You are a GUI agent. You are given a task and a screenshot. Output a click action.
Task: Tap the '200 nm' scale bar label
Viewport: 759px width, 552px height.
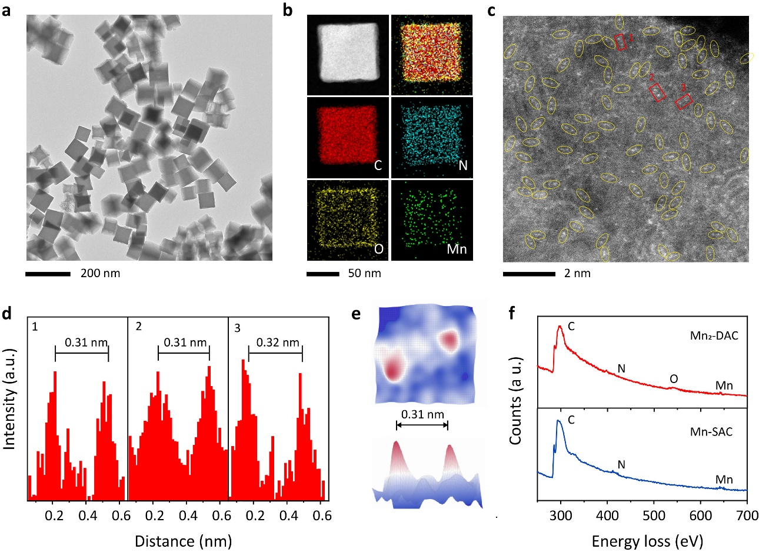click(100, 273)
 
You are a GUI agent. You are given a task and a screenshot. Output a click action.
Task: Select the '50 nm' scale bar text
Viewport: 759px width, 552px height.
click(364, 273)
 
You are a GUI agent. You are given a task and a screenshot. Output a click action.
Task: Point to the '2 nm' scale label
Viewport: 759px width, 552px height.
click(577, 273)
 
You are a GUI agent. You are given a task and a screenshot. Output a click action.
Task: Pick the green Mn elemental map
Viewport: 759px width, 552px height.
click(432, 220)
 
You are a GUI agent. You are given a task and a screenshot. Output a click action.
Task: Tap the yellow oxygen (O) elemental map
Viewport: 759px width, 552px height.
click(348, 220)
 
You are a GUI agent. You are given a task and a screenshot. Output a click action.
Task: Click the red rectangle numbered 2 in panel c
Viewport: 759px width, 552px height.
click(657, 92)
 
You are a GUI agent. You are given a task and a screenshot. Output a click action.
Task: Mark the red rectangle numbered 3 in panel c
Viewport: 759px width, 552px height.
click(683, 101)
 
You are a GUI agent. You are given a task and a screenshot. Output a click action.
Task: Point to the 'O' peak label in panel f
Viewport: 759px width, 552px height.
click(674, 380)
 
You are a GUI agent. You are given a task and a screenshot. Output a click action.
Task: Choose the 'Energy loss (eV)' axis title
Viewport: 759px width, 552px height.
click(642, 540)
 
